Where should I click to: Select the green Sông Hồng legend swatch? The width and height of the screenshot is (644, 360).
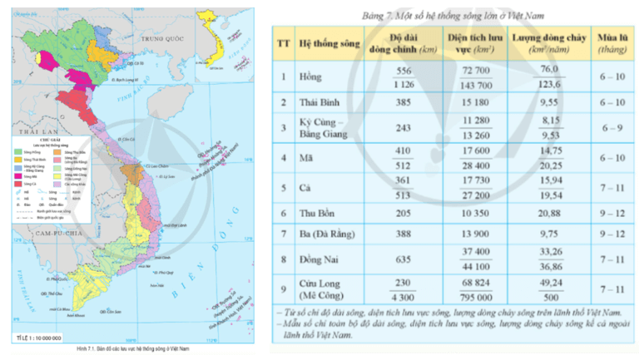point(18,153)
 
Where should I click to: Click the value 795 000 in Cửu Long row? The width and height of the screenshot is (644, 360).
point(467,297)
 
